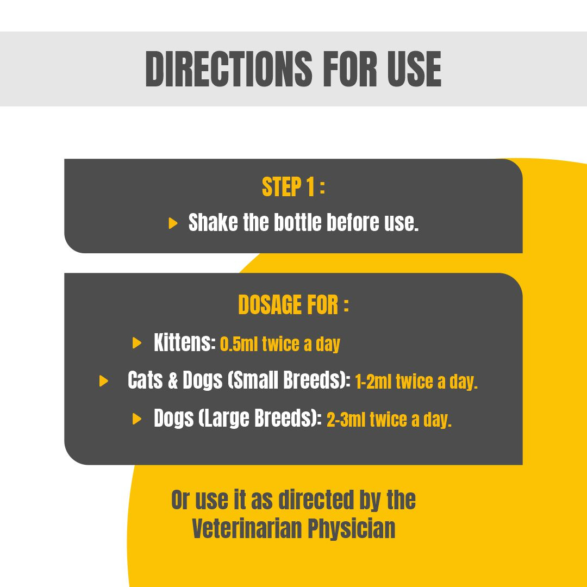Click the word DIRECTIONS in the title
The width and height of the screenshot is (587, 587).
click(229, 69)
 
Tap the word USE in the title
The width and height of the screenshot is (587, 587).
click(414, 69)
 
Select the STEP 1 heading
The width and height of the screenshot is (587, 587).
click(288, 187)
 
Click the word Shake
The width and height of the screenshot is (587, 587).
click(213, 222)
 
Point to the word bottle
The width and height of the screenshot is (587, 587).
click(298, 222)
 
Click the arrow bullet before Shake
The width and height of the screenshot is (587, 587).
click(173, 223)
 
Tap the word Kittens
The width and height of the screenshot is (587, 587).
click(185, 342)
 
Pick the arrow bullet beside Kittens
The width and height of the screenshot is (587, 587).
click(137, 343)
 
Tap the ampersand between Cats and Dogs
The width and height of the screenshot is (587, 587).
click(173, 380)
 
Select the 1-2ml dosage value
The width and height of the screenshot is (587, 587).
click(373, 382)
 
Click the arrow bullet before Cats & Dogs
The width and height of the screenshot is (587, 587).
click(104, 381)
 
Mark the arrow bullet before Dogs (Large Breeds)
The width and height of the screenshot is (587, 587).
click(137, 419)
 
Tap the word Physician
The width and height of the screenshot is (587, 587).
click(351, 529)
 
